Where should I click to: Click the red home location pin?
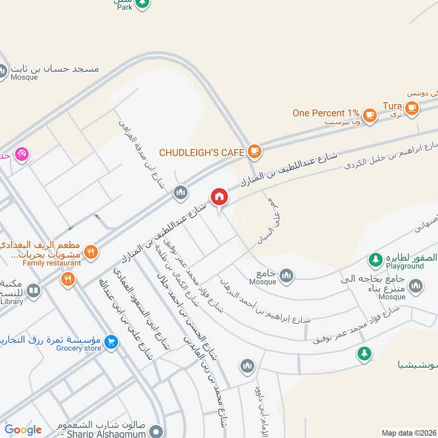pos(219,197)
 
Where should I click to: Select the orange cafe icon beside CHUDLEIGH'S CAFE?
pos(253,151)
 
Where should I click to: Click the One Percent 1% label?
pos(326,113)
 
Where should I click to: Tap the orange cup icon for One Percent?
pos(371,114)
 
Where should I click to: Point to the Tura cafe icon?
pos(412,108)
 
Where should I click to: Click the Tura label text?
pos(392,105)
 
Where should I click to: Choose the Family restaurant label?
pos(52,263)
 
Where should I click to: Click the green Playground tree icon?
pos(375,260)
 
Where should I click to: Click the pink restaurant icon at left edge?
pos(22,154)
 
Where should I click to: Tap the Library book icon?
pos(33,290)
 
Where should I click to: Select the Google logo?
pos(23,430)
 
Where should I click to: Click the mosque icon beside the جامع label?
pos(286,276)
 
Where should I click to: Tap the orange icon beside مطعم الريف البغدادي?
pos(91,252)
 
